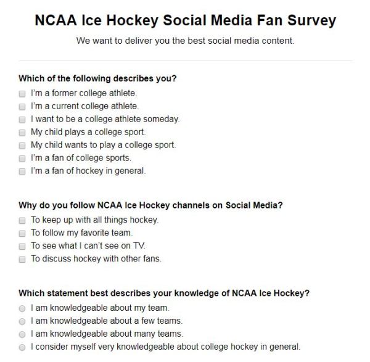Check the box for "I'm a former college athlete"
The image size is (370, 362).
(x=22, y=94)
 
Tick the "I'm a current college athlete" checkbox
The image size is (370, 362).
(x=22, y=107)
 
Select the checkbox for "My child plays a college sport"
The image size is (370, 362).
(x=22, y=133)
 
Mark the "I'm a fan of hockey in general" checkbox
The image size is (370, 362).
(x=22, y=171)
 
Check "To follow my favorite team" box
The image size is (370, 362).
(x=22, y=233)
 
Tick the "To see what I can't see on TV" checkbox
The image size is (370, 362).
(x=22, y=246)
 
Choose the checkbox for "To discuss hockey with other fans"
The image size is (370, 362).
(x=22, y=259)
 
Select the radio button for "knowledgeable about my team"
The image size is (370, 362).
(x=22, y=308)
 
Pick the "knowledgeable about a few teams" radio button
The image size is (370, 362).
(x=22, y=321)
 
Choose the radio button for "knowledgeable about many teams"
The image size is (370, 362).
(x=22, y=334)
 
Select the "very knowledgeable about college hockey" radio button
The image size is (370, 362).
(x=22, y=347)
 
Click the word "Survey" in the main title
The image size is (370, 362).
(x=308, y=20)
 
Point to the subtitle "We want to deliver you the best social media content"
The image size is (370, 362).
(x=185, y=41)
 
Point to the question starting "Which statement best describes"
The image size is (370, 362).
(x=164, y=293)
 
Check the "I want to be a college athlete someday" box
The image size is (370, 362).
(x=22, y=120)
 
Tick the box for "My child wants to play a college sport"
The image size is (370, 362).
(x=22, y=146)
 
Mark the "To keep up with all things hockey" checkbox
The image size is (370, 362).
(x=22, y=220)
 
